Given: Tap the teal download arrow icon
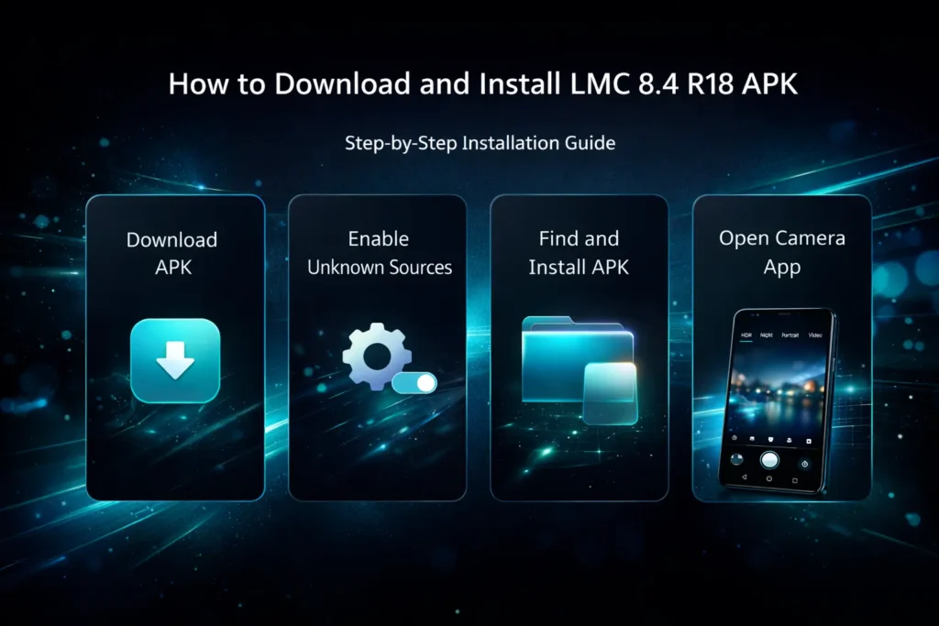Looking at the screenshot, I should [175, 360].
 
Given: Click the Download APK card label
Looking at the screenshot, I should [171, 253].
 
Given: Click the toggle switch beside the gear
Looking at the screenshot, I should [414, 382].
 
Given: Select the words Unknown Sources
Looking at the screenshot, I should [380, 268].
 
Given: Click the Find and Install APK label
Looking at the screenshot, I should [579, 253].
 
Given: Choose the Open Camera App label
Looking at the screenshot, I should [781, 252].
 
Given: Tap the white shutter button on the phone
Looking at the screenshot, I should [770, 460].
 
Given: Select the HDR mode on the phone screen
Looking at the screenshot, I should [745, 336].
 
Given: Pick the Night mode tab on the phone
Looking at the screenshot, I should [767, 336].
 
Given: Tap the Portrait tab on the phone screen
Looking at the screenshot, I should [790, 336].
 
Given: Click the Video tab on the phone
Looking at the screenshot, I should [815, 336].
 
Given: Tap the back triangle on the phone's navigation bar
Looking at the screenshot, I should [744, 478].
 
